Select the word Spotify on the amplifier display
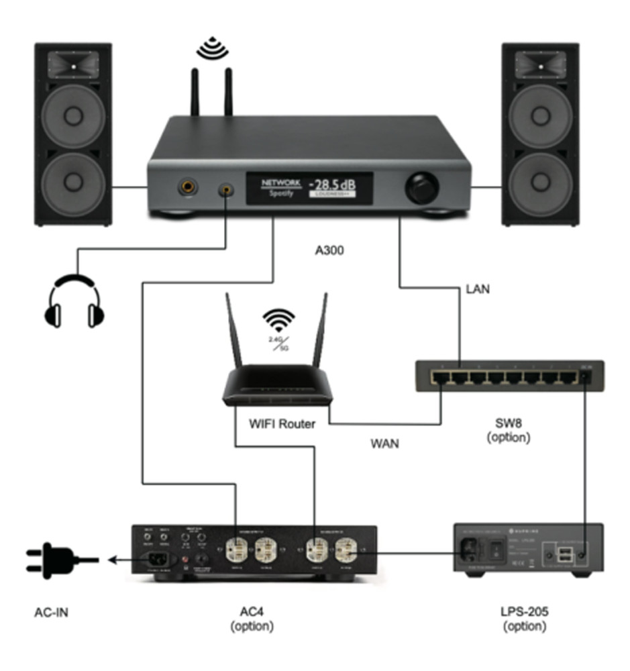(278, 193)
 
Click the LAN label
(478, 289)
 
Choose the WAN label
(384, 444)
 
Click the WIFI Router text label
(282, 423)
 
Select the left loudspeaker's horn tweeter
(73, 64)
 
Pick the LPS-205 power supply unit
(527, 548)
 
